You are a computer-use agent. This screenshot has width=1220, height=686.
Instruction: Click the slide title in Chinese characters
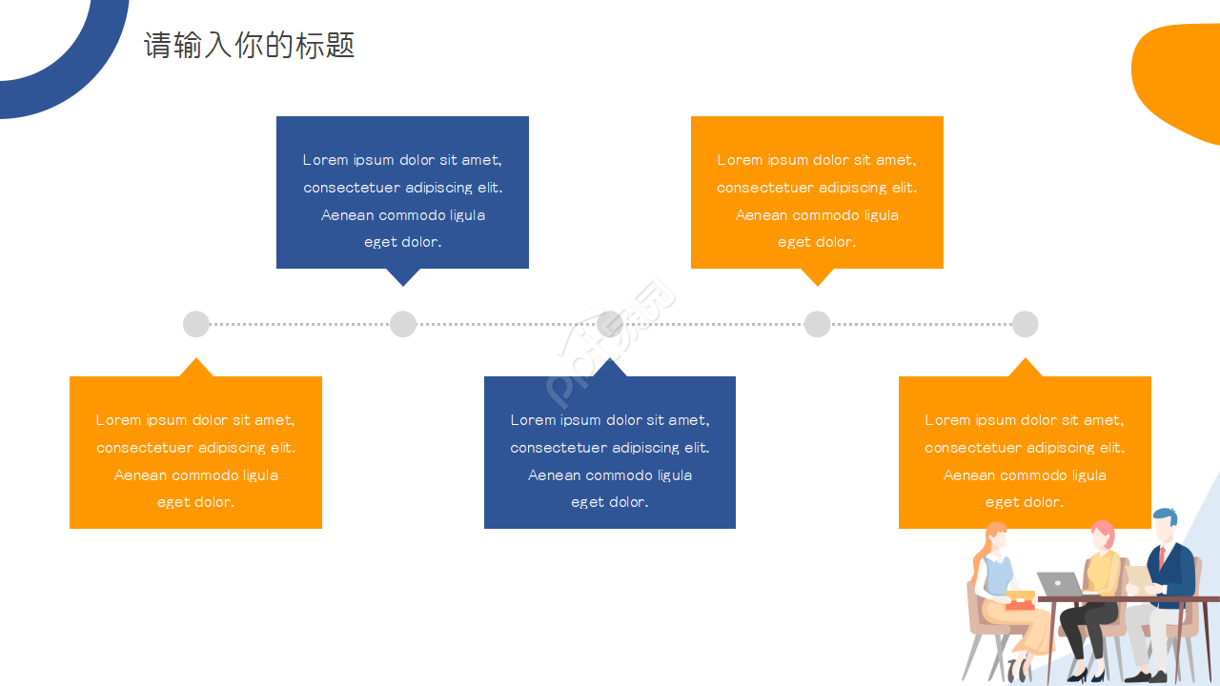point(250,45)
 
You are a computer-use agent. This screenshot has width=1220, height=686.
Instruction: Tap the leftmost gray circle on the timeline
point(196,324)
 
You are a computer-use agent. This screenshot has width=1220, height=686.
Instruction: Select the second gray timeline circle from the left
point(403,324)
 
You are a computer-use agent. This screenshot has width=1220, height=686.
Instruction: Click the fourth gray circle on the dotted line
point(817,324)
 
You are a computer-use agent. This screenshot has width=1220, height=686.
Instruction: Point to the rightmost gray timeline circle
point(1025,324)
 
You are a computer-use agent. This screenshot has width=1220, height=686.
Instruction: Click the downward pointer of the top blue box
point(403,276)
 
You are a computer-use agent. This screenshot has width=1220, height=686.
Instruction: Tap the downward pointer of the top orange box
point(817,276)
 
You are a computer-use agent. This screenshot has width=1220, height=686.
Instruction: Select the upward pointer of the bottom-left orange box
point(196,369)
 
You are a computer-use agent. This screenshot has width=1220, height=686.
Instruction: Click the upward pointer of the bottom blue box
point(610,369)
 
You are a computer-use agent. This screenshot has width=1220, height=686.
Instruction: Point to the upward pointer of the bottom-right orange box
point(1025,369)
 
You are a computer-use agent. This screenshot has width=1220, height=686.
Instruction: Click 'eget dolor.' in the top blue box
point(402,242)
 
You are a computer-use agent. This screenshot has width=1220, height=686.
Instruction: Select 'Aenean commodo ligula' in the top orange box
point(817,215)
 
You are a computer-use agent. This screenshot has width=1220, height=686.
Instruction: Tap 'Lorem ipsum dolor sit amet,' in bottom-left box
point(195,420)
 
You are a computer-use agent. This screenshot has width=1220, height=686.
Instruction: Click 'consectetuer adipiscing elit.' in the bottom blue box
point(610,448)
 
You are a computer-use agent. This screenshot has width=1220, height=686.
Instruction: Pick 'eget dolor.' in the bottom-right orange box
point(1025,502)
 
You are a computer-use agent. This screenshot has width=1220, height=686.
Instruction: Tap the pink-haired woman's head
point(1103,535)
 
